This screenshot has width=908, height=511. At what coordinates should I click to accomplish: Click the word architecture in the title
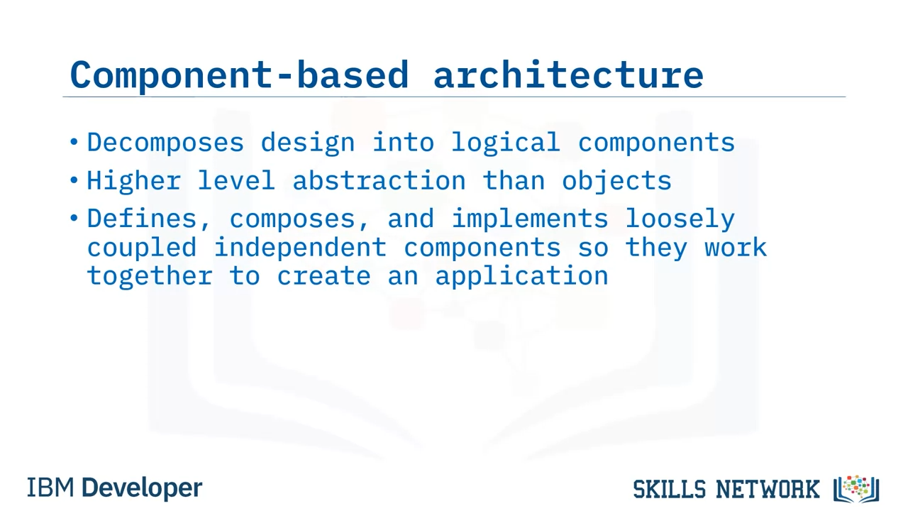[568, 75]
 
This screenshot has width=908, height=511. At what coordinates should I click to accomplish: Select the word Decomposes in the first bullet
[165, 143]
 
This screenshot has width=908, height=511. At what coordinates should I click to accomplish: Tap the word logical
[506, 143]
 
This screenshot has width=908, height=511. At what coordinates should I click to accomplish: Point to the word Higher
[134, 181]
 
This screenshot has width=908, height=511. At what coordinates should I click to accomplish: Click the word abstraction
[379, 180]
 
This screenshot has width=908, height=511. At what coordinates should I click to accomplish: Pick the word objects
[616, 181]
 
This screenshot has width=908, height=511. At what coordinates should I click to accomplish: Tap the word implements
[530, 220]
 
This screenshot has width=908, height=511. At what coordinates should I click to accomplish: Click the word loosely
[680, 220]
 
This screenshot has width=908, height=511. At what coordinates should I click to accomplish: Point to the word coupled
[142, 248]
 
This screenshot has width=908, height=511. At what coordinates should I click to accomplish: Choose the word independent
[300, 248]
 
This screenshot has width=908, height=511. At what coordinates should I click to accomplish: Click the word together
[150, 276]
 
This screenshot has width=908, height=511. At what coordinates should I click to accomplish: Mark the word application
[521, 277]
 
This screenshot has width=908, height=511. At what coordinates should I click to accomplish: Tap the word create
[324, 276]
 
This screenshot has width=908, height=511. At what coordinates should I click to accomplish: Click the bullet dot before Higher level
[74, 180]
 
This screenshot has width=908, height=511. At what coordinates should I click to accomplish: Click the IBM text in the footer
[50, 488]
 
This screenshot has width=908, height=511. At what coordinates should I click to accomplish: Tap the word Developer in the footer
[142, 488]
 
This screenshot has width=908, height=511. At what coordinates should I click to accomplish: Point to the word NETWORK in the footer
[768, 489]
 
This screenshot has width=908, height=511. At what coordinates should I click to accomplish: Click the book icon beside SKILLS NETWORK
[856, 489]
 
